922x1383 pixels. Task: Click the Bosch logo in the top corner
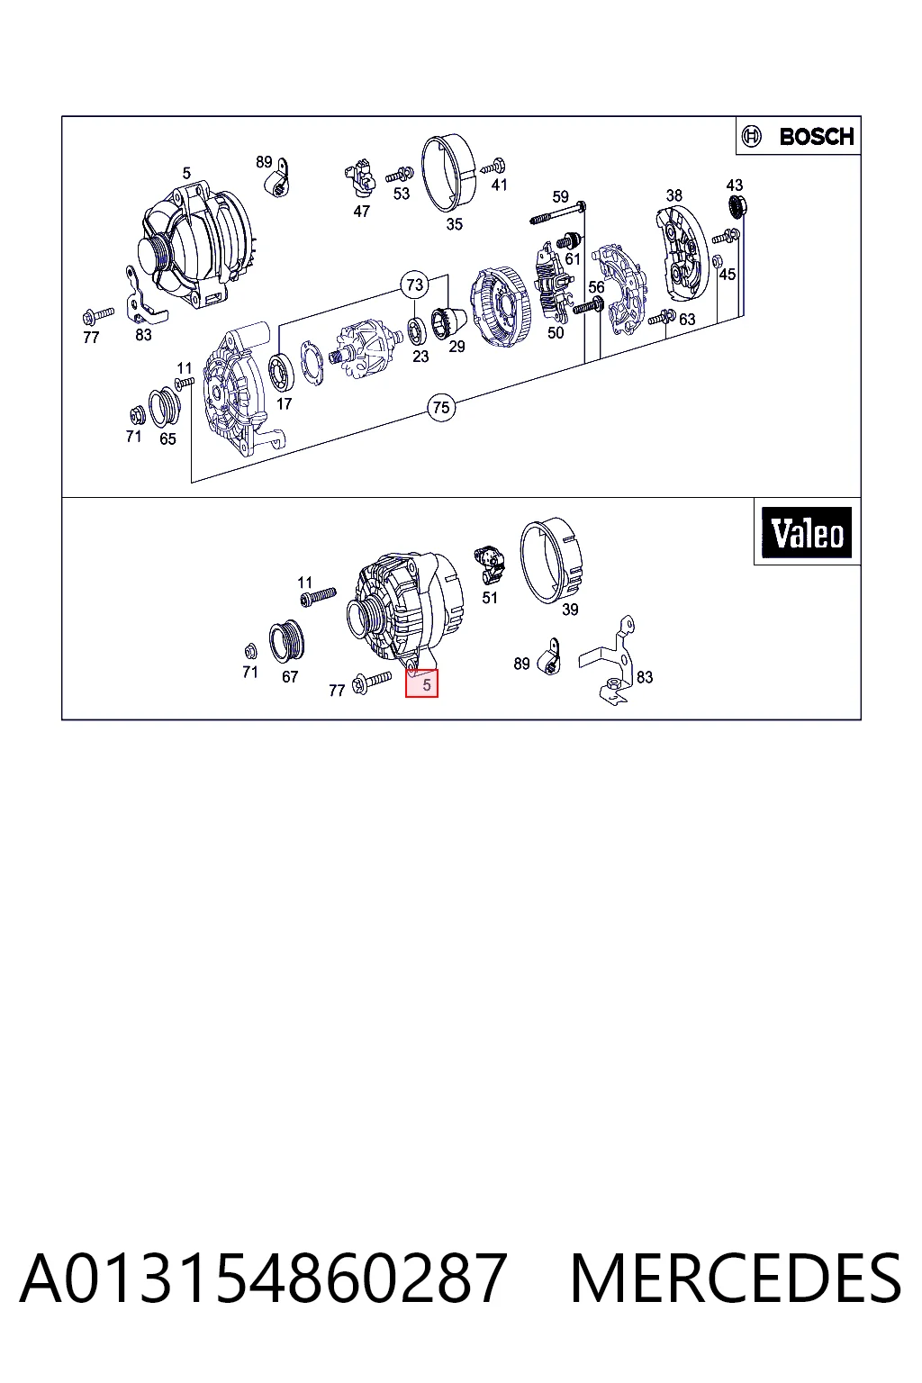click(x=799, y=136)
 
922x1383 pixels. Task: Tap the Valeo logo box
click(x=807, y=532)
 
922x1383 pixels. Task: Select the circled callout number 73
click(x=414, y=285)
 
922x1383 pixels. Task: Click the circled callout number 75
click(x=441, y=408)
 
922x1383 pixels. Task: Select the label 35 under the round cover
click(x=455, y=224)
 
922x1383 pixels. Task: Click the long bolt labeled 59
click(x=557, y=212)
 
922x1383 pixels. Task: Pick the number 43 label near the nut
click(x=734, y=185)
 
